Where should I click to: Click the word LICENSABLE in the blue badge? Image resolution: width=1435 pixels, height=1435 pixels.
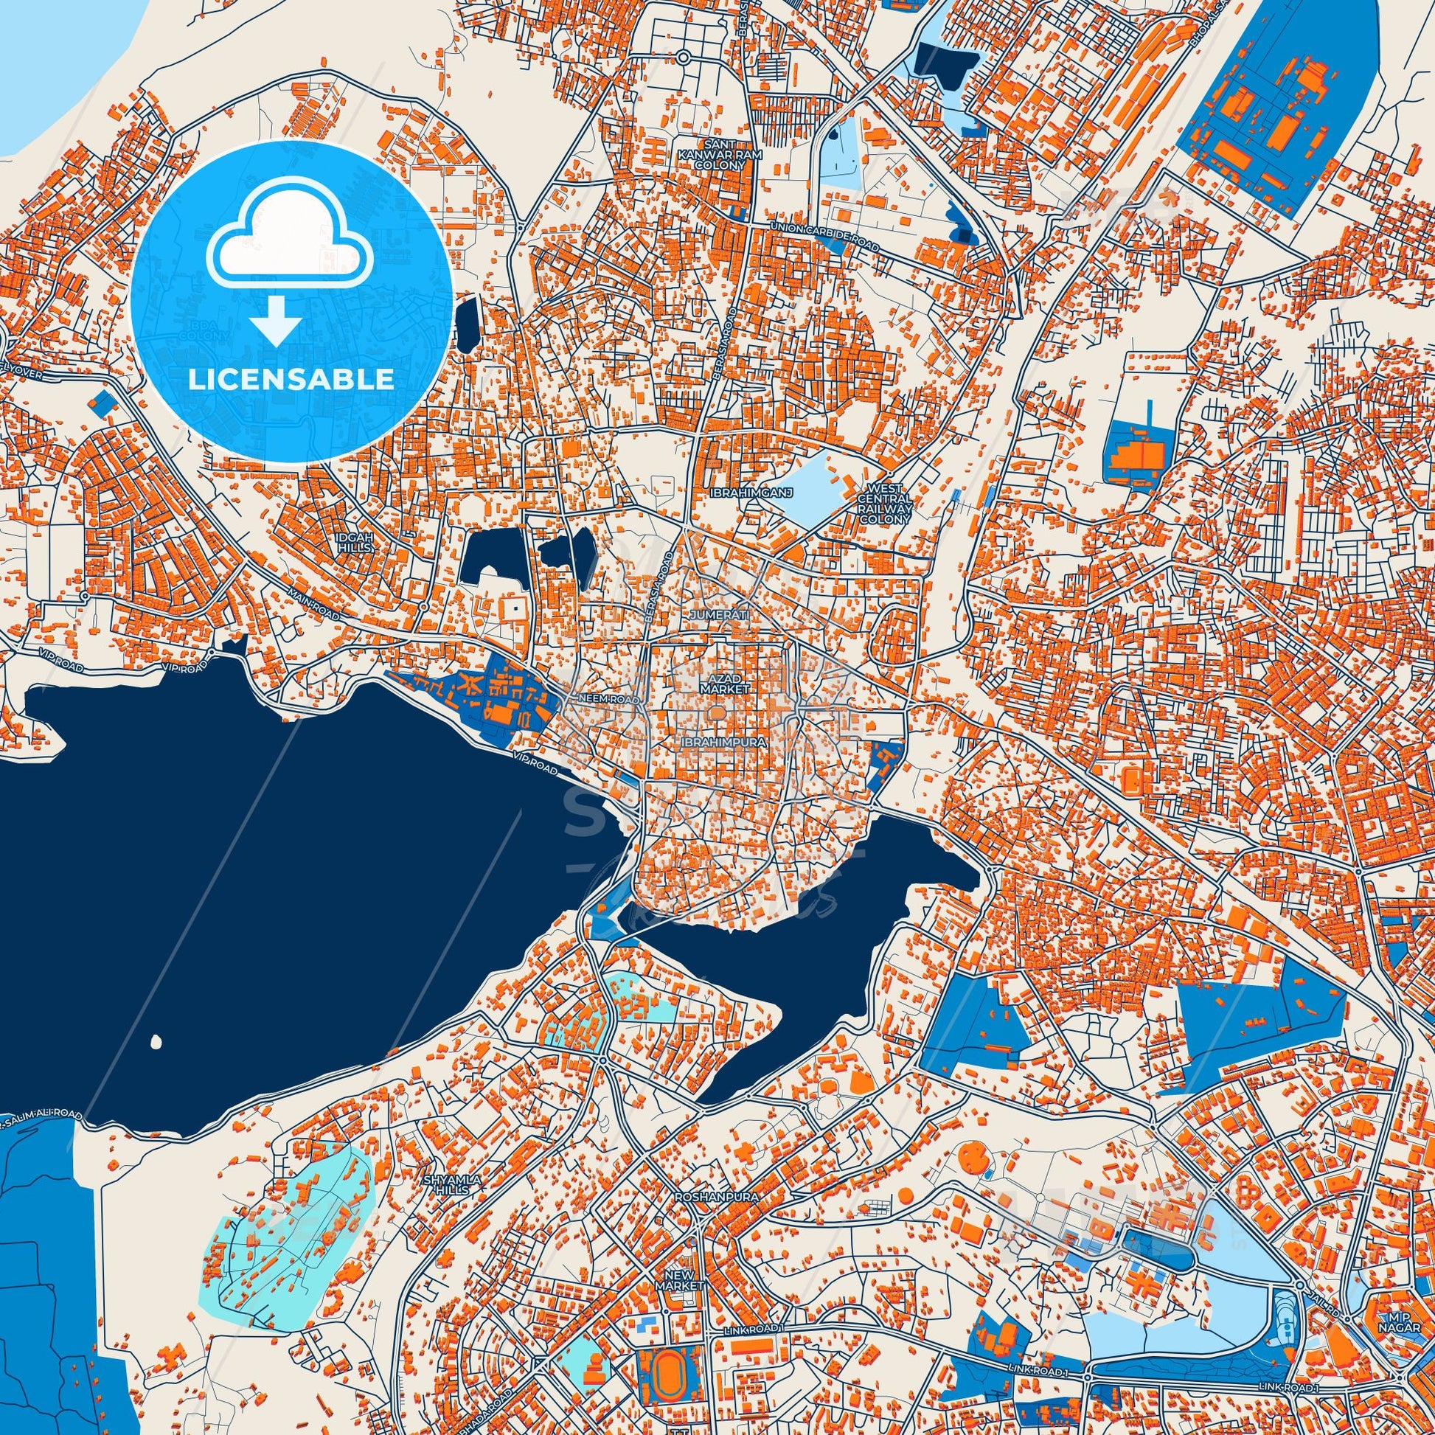291,380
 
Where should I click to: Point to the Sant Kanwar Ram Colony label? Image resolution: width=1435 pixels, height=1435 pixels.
710,155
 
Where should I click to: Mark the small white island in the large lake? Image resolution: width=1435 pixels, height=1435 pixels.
156,1041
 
